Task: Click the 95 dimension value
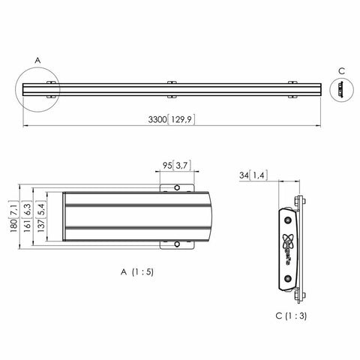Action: click(167, 165)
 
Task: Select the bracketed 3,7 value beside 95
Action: click(181, 165)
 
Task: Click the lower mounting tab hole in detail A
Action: click(177, 244)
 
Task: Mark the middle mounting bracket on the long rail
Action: click(171, 89)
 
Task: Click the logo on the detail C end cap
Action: click(289, 244)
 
